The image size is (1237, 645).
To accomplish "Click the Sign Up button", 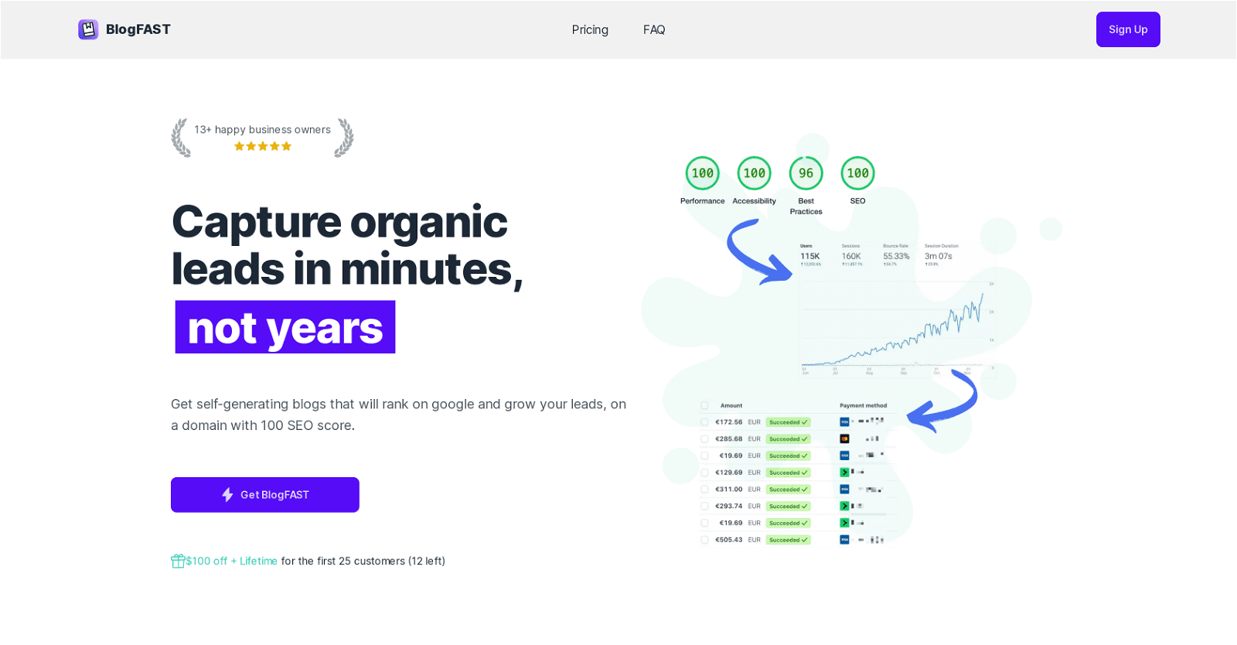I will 1128,29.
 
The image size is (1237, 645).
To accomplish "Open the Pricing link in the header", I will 590,29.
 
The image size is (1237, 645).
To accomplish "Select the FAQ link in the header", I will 654,29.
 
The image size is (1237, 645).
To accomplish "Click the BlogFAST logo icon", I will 88,29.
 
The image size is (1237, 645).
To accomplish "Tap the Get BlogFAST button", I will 265,495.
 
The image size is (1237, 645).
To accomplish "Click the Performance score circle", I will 703,173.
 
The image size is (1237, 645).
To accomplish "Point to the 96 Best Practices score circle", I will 806,173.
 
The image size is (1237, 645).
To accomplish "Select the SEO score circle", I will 857,173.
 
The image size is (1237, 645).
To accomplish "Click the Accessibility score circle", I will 755,173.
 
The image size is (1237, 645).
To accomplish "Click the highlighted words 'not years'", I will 285,328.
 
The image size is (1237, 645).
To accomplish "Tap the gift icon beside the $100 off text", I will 178,561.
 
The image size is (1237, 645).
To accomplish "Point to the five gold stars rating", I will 263,146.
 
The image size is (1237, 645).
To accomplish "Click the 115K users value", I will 809,256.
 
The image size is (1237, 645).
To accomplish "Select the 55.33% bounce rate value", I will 896,256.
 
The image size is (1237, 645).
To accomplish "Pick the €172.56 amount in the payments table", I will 728,422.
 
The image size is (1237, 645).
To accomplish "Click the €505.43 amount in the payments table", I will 728,540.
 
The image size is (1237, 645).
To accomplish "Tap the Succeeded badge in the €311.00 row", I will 789,490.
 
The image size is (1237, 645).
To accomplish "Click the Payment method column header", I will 863,405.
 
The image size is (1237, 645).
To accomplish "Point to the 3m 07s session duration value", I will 938,256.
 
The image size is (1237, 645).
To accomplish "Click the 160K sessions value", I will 851,256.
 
